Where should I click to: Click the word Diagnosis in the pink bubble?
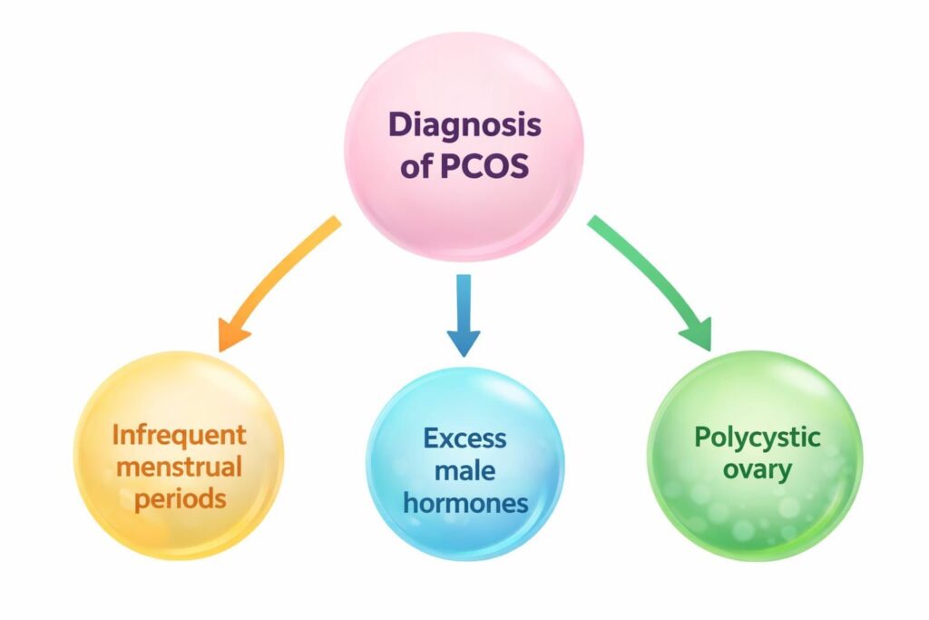[464, 125]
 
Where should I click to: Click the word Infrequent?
[179, 435]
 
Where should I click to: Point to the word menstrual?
[178, 467]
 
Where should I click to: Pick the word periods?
[179, 498]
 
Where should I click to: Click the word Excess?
[464, 438]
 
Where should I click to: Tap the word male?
[464, 470]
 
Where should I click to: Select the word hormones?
[464, 503]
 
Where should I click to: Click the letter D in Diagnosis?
[400, 125]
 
